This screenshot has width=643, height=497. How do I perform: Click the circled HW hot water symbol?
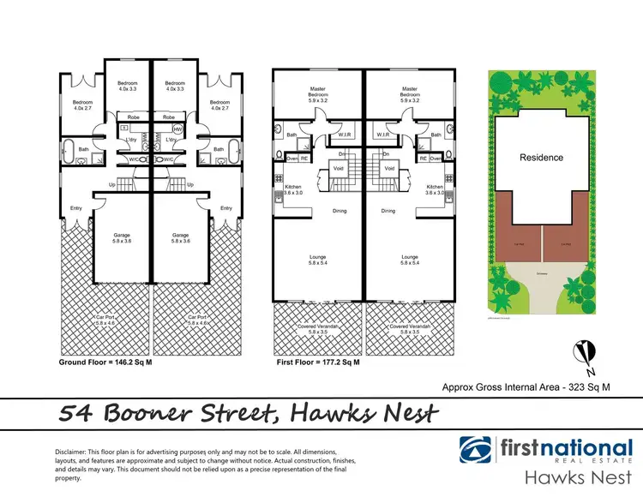tap(177, 129)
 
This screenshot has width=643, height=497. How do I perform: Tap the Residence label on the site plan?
tap(542, 157)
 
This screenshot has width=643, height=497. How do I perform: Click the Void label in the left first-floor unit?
tap(339, 169)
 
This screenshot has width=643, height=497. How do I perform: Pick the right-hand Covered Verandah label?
tap(410, 326)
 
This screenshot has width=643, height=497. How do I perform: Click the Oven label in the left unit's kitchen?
tap(291, 158)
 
